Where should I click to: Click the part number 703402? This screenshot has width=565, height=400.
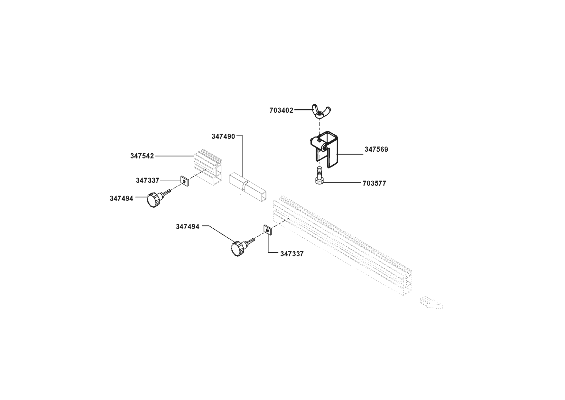(x=281, y=110)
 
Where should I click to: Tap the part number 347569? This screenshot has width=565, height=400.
(x=376, y=149)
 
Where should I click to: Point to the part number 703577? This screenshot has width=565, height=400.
(x=374, y=184)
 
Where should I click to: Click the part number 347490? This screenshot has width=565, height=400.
(x=223, y=137)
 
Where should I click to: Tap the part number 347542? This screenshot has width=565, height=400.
(x=142, y=156)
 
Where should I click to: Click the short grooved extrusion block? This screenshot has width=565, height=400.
(x=208, y=169)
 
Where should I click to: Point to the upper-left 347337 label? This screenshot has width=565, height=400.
(x=147, y=181)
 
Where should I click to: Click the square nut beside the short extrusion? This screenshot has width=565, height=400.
(x=184, y=182)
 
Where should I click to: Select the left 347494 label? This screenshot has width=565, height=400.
(x=121, y=199)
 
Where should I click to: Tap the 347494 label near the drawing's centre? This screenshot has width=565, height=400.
(x=188, y=227)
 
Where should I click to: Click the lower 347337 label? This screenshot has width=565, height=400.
(x=292, y=254)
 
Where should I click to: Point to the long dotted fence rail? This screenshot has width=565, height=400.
(x=341, y=245)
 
